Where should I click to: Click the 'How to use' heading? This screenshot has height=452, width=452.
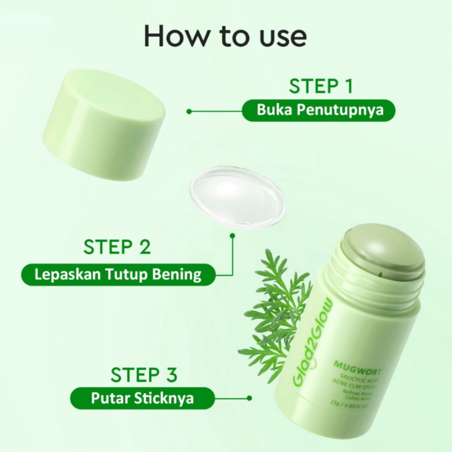tap(225, 36)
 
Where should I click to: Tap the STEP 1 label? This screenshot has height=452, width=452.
tap(320, 86)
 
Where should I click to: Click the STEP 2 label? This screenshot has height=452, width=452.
tap(117, 248)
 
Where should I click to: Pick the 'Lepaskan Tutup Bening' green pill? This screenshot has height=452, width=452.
tap(118, 274)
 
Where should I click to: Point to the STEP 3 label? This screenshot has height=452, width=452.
tap(144, 375)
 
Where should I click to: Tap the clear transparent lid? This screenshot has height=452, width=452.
tap(237, 197)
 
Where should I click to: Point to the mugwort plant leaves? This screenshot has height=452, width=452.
tap(274, 311)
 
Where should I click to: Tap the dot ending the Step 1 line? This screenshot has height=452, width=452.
tap(189, 111)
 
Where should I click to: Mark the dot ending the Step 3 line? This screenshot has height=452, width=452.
tap(249, 398)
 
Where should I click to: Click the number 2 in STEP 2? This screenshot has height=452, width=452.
tap(143, 248)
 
